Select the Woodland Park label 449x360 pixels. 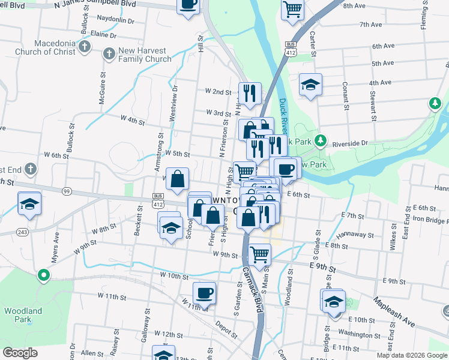(23, 315)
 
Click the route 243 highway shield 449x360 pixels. (23, 232)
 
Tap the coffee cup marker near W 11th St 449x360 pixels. (204, 293)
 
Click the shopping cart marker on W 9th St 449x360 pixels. (259, 254)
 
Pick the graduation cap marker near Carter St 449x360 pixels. (310, 85)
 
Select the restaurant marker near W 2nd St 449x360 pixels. (250, 93)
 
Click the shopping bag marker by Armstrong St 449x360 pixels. (178, 179)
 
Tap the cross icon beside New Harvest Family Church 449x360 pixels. (109, 55)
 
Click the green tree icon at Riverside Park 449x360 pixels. (321, 140)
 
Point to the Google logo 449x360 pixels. (20, 353)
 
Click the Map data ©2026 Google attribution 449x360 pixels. (412, 355)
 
